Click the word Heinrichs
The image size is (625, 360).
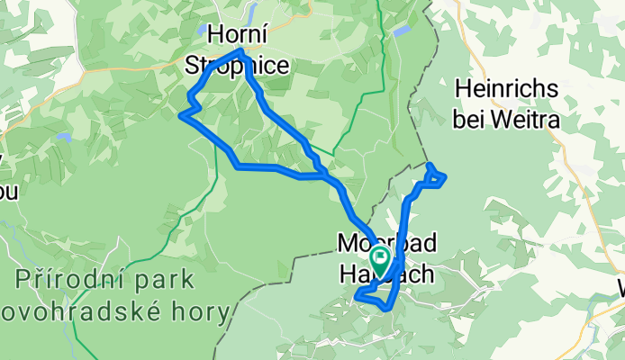pyautogui.click(x=508, y=90)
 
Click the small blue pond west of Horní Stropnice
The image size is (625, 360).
pyautogui.click(x=204, y=30)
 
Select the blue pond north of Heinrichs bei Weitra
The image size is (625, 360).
pyautogui.click(x=403, y=30)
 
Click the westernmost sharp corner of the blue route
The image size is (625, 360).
pyautogui.click(x=183, y=114)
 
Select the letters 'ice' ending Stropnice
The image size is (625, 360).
pyautogui.click(x=271, y=65)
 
